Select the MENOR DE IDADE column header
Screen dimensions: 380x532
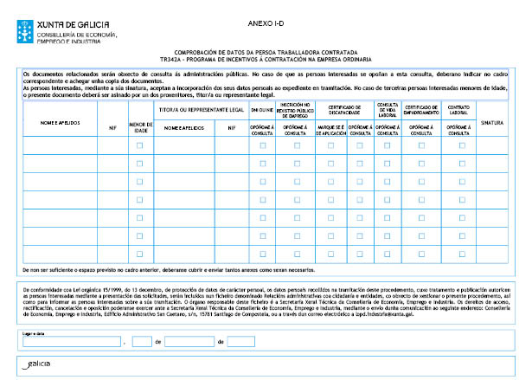tap(139, 127)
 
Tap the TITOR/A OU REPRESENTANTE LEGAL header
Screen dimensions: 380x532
tap(200, 110)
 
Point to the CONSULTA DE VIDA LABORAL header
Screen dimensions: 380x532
tap(388, 109)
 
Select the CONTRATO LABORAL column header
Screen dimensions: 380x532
tap(459, 109)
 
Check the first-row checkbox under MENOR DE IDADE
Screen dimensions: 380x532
tap(139, 145)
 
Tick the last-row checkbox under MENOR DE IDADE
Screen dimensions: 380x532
tap(139, 254)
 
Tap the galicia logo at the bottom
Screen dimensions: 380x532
tap(41, 365)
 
